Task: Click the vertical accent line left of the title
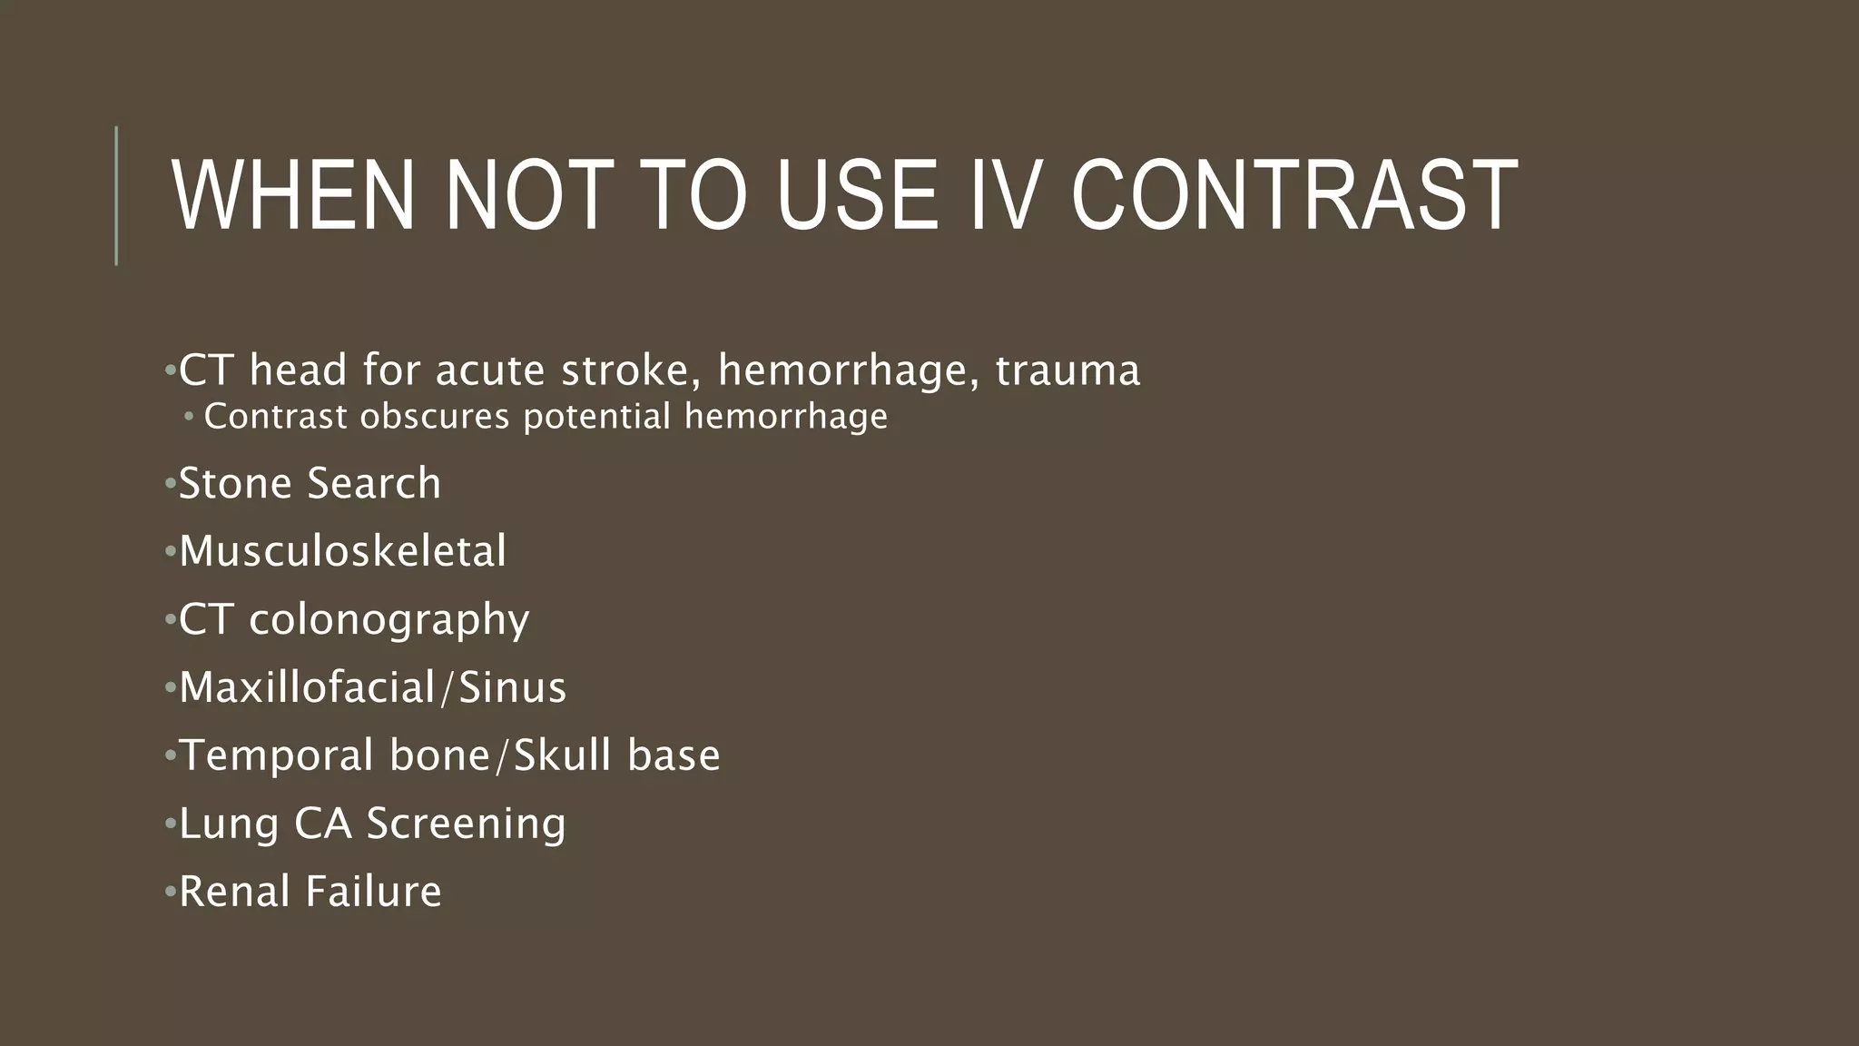pyautogui.click(x=116, y=195)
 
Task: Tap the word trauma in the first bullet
pyautogui.click(x=1067, y=370)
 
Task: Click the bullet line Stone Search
pyautogui.click(x=310, y=483)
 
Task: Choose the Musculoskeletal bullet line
pyautogui.click(x=342, y=551)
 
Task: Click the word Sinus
pyautogui.click(x=512, y=687)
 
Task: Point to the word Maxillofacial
pyautogui.click(x=307, y=687)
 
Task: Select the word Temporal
pyautogui.click(x=277, y=755)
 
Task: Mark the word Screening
pyautogui.click(x=466, y=824)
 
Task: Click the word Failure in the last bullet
pyautogui.click(x=373, y=892)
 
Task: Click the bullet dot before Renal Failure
pyautogui.click(x=169, y=892)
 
